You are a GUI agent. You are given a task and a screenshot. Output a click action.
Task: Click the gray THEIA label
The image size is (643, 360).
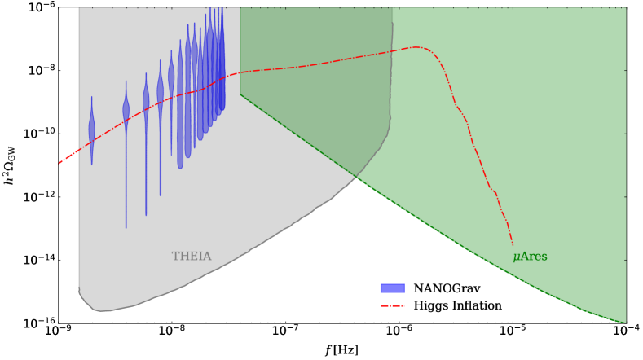tap(192, 257)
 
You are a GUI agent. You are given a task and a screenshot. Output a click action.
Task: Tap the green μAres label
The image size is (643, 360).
tap(530, 257)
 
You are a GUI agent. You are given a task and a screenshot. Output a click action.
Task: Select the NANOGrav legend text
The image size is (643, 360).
tap(447, 288)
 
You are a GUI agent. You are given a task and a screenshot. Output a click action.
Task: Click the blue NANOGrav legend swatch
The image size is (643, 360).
tap(393, 288)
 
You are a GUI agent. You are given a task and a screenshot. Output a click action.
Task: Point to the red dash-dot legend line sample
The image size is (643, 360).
tap(393, 306)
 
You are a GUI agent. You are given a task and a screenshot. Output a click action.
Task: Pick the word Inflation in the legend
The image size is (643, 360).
tap(476, 306)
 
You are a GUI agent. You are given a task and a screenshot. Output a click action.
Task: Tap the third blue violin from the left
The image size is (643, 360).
tap(146, 102)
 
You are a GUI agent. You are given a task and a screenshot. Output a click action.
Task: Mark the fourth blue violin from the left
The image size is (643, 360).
tap(160, 94)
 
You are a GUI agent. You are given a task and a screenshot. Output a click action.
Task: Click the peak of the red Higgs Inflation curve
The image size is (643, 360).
tap(416, 47)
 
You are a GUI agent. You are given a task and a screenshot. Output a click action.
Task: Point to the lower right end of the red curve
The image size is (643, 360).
tap(513, 244)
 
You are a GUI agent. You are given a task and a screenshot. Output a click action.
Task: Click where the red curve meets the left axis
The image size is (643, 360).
tap(59, 164)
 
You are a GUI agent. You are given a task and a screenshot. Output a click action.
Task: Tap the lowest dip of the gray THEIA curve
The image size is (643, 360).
tap(98, 310)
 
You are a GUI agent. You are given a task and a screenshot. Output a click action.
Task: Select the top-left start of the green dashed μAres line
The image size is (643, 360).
tap(240, 94)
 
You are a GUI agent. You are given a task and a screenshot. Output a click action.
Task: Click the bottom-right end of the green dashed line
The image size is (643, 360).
tap(625, 323)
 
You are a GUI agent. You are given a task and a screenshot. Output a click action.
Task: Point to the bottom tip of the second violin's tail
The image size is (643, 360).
tap(126, 227)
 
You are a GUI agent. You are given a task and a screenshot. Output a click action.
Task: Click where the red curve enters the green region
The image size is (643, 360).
tap(240, 72)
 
